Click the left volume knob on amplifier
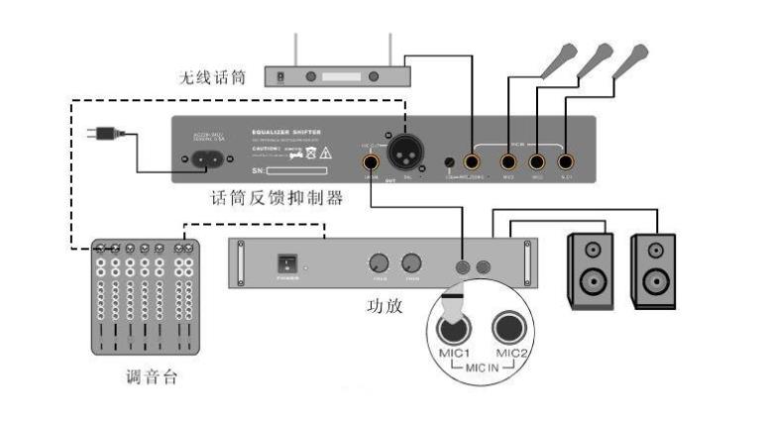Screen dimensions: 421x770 [x=378, y=263]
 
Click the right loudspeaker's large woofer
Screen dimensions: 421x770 [x=655, y=282]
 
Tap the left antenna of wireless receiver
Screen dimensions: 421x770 [x=296, y=49]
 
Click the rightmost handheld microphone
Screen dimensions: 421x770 [x=630, y=61]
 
